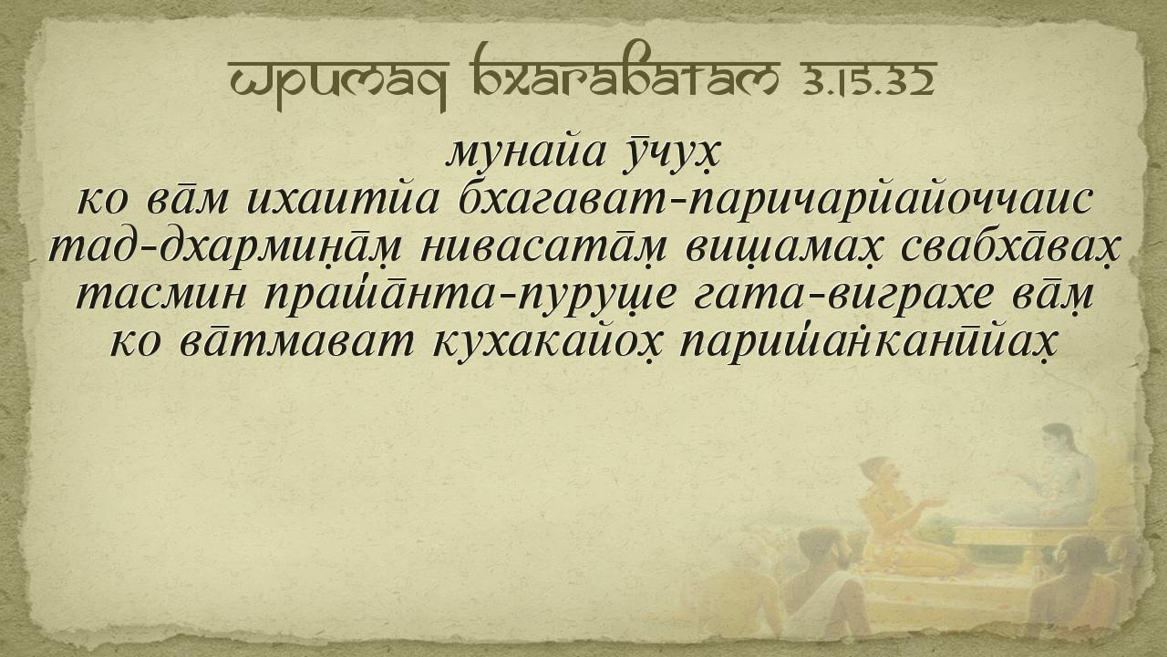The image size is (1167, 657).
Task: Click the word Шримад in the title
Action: [x=338, y=81]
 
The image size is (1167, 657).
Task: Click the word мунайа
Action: [x=527, y=152]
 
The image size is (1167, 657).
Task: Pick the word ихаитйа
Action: [x=343, y=200]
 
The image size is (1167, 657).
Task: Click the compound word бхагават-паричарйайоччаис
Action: [x=774, y=200]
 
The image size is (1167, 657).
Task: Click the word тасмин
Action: [x=161, y=296]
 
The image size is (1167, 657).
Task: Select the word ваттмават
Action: [x=297, y=342]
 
